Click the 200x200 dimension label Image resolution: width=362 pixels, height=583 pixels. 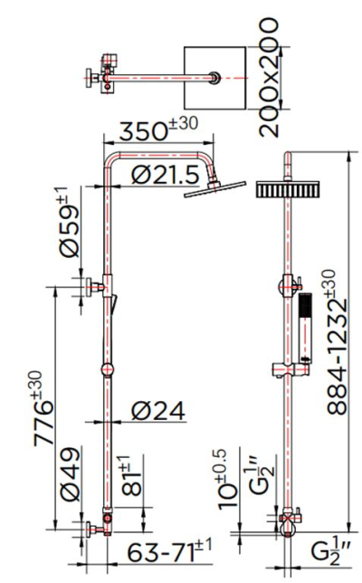pos(273,69)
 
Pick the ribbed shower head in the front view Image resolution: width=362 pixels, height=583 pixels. pos(287,190)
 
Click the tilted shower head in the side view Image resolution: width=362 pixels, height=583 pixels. pos(214,190)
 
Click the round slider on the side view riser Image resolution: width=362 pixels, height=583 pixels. pos(108,368)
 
